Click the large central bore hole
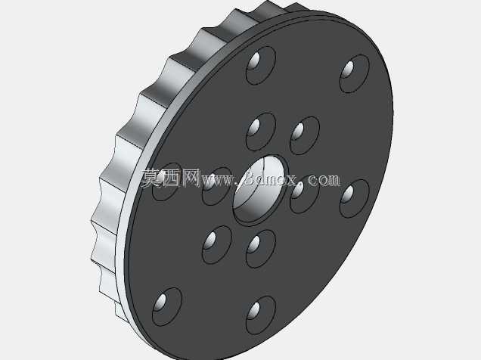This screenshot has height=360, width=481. (261, 191)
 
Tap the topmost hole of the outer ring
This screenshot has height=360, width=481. (261, 65)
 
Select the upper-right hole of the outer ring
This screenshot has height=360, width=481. (355, 73)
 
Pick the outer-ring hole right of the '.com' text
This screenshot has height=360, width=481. (355, 199)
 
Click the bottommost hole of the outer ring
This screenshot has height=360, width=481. (261, 315)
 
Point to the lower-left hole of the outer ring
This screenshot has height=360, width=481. (167, 307)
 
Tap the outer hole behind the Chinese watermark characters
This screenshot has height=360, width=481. (167, 182)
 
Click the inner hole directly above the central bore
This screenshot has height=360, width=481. (261, 132)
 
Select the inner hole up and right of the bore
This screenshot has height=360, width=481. (305, 135)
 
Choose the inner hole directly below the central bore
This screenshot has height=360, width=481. (261, 249)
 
